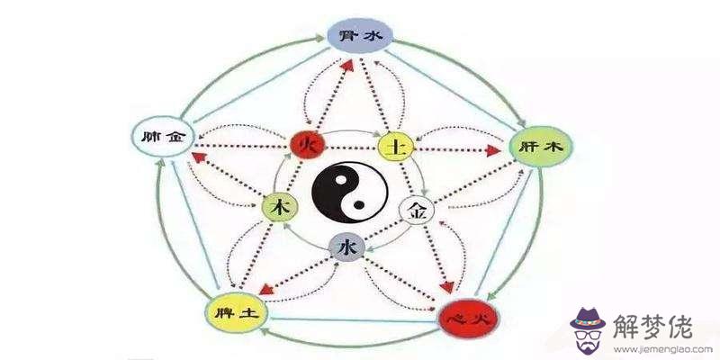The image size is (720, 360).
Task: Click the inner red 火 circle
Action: click(x=307, y=144)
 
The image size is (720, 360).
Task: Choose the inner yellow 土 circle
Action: click(x=395, y=147)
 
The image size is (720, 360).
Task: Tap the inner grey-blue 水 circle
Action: click(x=348, y=246)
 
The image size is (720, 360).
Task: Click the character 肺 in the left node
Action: click(x=149, y=138)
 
